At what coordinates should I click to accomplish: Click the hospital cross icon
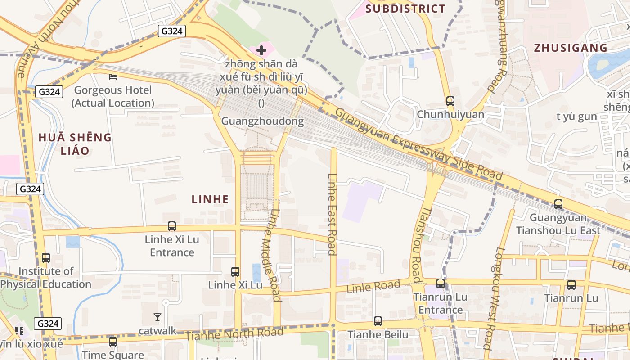point(261,50)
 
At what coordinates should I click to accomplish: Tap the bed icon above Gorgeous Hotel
point(113,77)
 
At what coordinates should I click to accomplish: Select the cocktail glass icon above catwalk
point(157,317)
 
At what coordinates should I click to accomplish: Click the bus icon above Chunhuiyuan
point(450,101)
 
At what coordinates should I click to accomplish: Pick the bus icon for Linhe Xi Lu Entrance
point(171,226)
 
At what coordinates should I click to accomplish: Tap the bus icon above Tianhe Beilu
point(378,321)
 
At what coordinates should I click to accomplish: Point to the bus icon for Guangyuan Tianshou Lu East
point(558,204)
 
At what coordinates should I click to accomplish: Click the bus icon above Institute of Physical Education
point(45,258)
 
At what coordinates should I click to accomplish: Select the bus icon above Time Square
point(112,342)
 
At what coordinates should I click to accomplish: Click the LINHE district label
point(210,199)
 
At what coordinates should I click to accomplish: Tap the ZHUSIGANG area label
point(570,48)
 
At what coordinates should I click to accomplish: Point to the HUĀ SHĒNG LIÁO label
point(75,144)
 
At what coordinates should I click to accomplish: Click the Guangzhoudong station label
point(262,121)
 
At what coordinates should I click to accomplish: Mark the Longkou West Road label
point(493,298)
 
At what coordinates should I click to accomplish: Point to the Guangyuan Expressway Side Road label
point(418,145)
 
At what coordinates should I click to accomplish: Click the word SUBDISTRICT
point(405,9)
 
